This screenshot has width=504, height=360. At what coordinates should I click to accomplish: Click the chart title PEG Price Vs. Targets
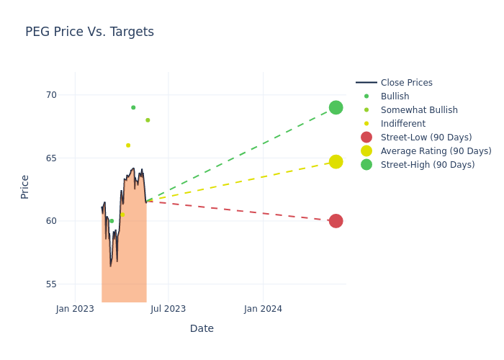[x=89, y=32]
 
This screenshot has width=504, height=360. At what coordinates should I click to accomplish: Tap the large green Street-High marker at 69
[x=336, y=107]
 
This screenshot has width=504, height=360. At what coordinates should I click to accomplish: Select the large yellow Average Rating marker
[x=336, y=162]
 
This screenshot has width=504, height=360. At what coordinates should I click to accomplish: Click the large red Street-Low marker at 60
[x=336, y=221]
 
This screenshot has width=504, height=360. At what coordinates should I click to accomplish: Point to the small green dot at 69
[x=133, y=107]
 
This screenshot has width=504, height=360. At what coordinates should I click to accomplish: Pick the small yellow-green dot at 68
[x=148, y=120]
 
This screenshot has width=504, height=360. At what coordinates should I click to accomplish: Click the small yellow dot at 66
[x=128, y=145]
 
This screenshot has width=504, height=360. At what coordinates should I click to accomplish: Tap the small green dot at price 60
[x=112, y=221]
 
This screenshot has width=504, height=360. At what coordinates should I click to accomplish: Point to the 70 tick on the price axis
[x=51, y=95]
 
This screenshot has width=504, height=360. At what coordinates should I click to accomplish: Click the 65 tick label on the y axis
[x=51, y=158]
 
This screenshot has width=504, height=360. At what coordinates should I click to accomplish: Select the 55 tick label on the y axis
[x=51, y=284]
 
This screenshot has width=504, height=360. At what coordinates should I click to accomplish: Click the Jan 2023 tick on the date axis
[x=75, y=309]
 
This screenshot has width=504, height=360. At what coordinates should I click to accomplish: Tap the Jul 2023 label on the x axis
[x=168, y=309]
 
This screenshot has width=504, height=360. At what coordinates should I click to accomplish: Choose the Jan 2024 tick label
[x=263, y=309]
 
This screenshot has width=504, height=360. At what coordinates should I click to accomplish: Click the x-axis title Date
[x=202, y=328]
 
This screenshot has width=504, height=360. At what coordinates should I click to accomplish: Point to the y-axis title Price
[x=25, y=186]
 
